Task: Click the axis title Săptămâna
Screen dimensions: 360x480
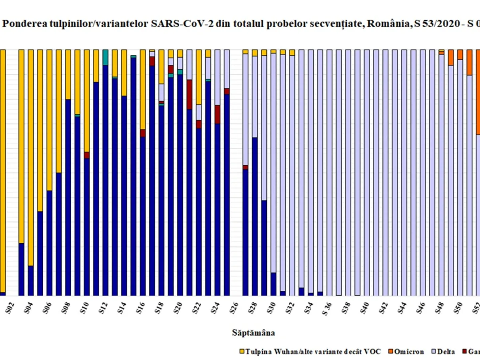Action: coord(253,332)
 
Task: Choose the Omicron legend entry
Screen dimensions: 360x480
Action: coord(409,352)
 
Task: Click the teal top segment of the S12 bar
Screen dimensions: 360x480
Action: coord(105,57)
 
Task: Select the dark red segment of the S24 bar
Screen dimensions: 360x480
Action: coord(217,114)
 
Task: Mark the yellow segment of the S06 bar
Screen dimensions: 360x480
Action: coord(49,120)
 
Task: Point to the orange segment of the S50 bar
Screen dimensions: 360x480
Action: coord(460,54)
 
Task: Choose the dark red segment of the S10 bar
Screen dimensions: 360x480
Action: coord(86,155)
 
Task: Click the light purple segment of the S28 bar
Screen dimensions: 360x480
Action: coord(254,96)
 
